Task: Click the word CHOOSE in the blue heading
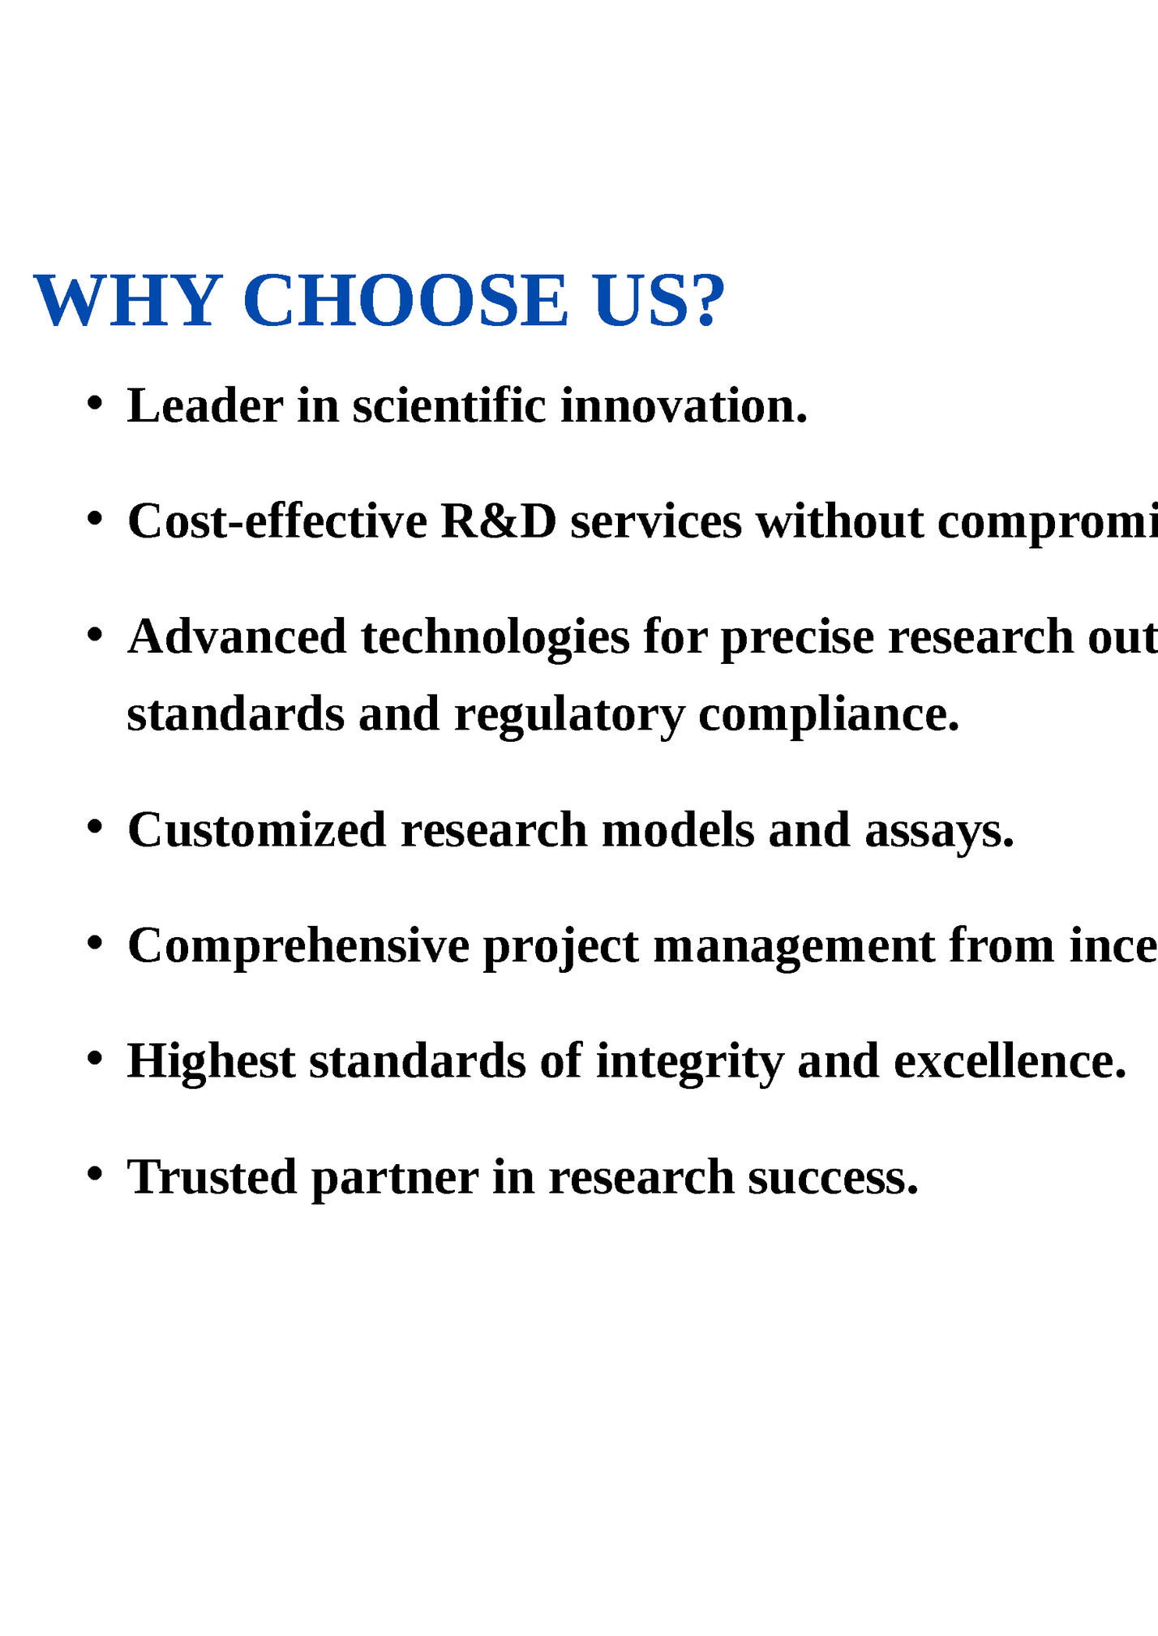405,302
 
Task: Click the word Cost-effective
277,520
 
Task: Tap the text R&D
498,520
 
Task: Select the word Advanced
237,636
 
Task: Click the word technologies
495,638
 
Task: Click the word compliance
828,715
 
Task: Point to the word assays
938,831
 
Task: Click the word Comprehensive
298,946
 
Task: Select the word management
793,946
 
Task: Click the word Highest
211,1061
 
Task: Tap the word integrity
689,1063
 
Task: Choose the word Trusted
212,1176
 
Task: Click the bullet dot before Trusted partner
95,1173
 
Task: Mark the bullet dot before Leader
95,402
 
